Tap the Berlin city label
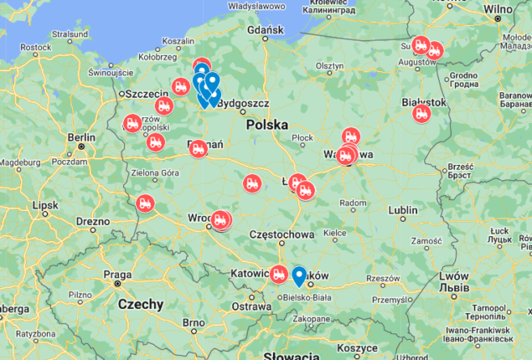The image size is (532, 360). pos(82,138)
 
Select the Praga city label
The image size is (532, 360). pos(118,274)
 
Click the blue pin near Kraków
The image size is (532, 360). pos(299,276)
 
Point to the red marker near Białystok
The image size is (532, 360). pos(421,113)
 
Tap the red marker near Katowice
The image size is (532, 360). pos(279,273)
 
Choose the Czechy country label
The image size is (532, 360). pos(140,305)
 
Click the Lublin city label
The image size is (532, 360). pos(402,211)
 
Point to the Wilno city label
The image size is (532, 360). pos(498,9)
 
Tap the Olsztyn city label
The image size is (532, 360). pos(330,66)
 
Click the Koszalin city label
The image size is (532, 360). pos(177,40)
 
